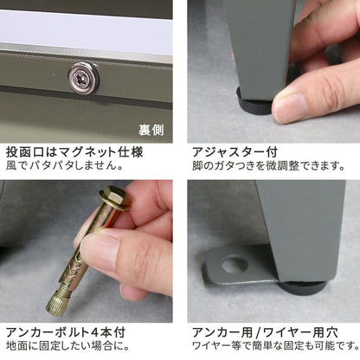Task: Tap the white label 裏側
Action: click(153, 132)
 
